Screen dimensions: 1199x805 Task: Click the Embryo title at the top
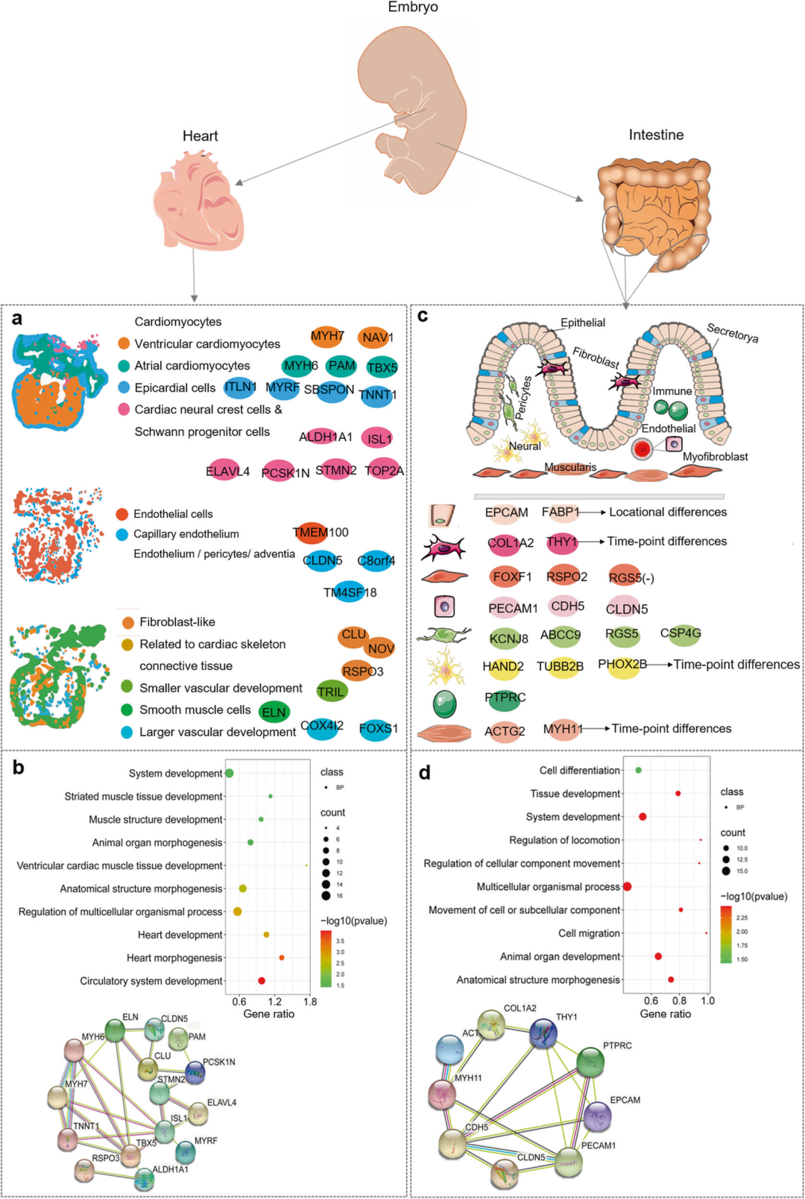coord(413,7)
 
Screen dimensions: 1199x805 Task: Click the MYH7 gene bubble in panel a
coord(327,337)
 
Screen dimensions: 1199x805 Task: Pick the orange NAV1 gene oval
coord(376,338)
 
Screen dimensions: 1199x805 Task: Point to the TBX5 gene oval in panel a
coord(382,367)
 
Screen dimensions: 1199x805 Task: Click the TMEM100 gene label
coord(320,533)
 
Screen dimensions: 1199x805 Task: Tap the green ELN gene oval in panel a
coord(274,712)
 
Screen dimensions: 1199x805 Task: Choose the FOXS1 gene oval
coord(378,729)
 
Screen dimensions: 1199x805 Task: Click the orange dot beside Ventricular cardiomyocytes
coord(124,344)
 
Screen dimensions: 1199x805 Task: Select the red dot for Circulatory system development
coord(262,981)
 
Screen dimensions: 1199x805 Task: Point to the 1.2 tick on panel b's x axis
coord(274,1002)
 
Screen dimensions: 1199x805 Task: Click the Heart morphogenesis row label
coord(174,958)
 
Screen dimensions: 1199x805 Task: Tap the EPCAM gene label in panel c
coord(506,513)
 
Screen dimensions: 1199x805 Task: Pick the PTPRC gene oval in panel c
coord(505,698)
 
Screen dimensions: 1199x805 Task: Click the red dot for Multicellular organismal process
coord(628,887)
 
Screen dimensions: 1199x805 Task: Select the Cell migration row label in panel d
coord(589,933)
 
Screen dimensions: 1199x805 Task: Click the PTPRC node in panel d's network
coord(590,1062)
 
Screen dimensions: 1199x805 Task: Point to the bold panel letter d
coord(424,773)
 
